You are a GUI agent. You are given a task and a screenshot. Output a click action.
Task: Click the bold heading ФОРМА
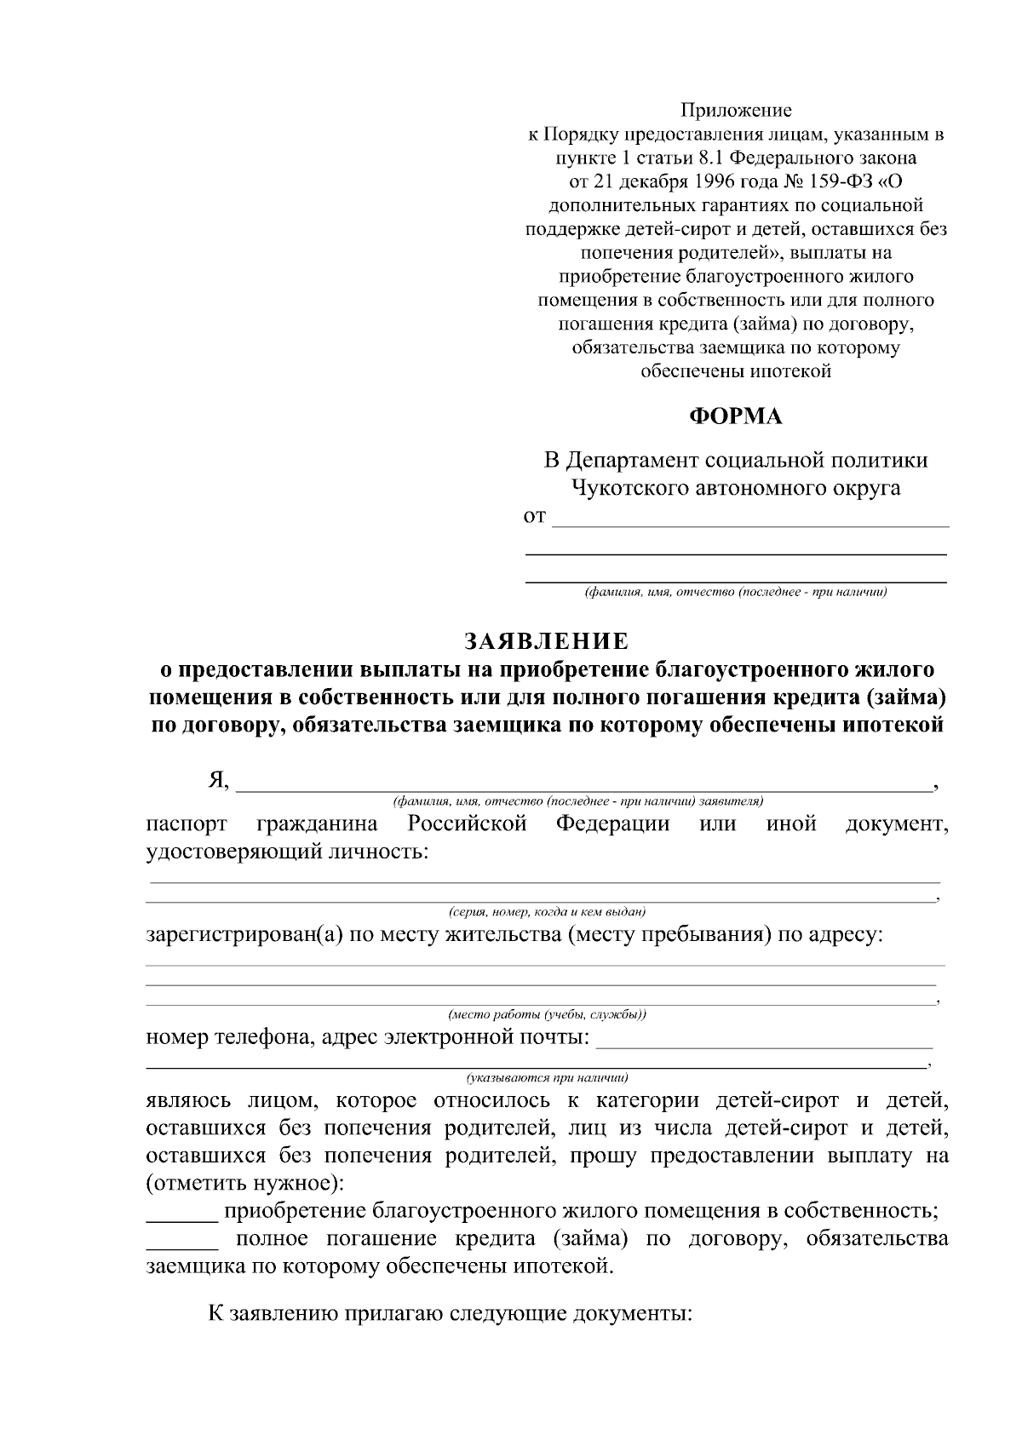coord(735,416)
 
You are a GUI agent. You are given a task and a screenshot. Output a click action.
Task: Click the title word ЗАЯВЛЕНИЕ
coord(546,640)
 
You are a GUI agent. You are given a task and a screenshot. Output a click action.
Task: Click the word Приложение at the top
coord(735,111)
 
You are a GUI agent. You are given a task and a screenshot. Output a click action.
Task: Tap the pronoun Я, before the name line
coord(219,779)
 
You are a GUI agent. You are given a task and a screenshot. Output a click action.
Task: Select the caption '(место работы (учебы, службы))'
coord(547,1014)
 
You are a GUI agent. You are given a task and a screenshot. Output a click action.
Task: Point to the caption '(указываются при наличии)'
coord(547,1076)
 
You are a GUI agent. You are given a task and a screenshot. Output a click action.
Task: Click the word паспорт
coord(187,824)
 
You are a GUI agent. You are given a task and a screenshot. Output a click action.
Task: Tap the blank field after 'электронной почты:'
coord(765,1039)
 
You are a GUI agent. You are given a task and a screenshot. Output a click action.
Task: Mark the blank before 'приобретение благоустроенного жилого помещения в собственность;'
coord(181,1210)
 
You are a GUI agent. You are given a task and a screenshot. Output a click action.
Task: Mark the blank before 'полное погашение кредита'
coord(181,1238)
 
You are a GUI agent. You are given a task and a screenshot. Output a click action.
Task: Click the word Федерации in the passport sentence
coord(612,824)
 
